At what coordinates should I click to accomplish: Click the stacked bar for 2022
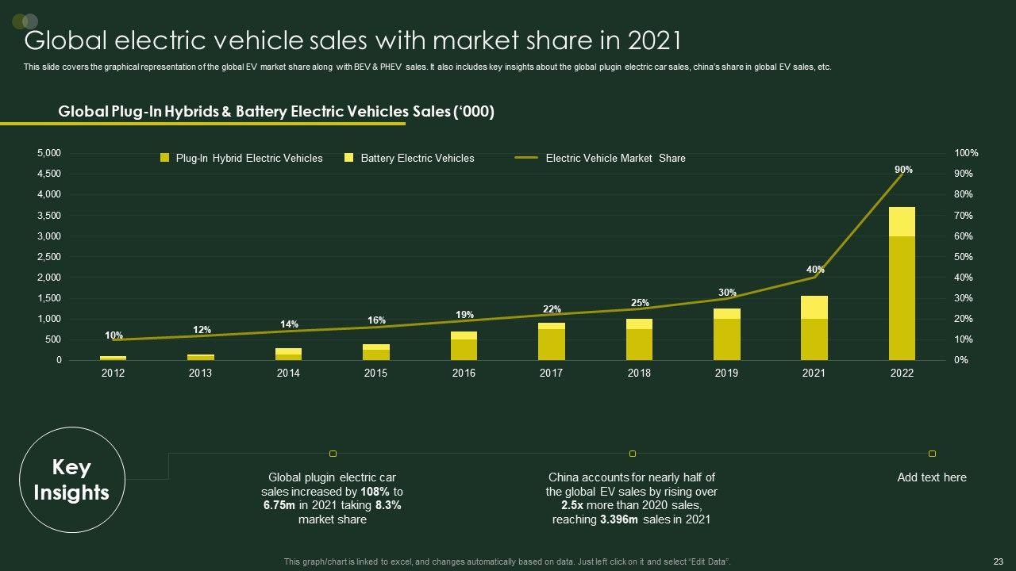click(902, 284)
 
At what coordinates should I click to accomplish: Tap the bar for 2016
click(464, 346)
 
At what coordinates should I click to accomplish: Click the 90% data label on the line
click(903, 170)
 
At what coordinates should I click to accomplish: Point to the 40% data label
click(815, 270)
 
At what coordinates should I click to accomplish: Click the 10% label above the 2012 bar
click(114, 335)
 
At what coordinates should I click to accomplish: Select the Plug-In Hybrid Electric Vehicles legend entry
click(241, 159)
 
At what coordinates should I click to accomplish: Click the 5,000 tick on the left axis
click(49, 153)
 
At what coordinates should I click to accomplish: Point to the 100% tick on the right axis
click(966, 153)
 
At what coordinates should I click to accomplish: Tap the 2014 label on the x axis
click(288, 374)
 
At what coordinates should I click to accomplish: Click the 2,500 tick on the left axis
click(49, 257)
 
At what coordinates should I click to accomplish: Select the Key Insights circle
click(71, 480)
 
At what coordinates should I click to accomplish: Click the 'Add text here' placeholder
click(932, 477)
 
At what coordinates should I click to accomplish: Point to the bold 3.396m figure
click(621, 520)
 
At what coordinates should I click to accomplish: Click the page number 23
click(999, 561)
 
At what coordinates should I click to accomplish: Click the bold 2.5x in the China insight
click(573, 506)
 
